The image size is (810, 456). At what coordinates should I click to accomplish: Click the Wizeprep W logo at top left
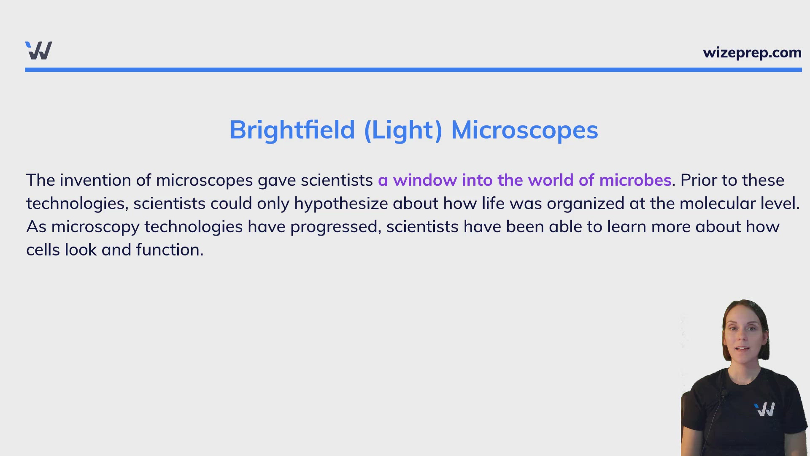[x=38, y=51]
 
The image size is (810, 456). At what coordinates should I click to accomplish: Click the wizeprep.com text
[x=752, y=53]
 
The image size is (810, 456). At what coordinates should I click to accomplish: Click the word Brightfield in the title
[x=292, y=130]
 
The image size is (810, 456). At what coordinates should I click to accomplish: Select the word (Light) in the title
[x=403, y=130]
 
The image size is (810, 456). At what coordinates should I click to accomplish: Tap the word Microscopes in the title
[x=524, y=130]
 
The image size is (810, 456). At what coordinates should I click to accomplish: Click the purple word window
[x=425, y=180]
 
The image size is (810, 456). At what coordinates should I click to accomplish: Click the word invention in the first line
[x=95, y=180]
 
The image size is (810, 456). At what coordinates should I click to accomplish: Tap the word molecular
[x=717, y=204]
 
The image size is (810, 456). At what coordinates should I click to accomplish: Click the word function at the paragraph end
[x=168, y=250]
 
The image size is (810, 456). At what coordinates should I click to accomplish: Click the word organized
[x=585, y=204]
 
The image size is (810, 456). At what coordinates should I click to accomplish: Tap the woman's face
[x=745, y=338]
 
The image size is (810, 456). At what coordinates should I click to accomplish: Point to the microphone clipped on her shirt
[x=724, y=395]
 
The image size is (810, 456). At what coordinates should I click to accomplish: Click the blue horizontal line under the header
[x=413, y=70]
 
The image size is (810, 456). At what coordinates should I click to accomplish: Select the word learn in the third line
[x=626, y=227]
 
